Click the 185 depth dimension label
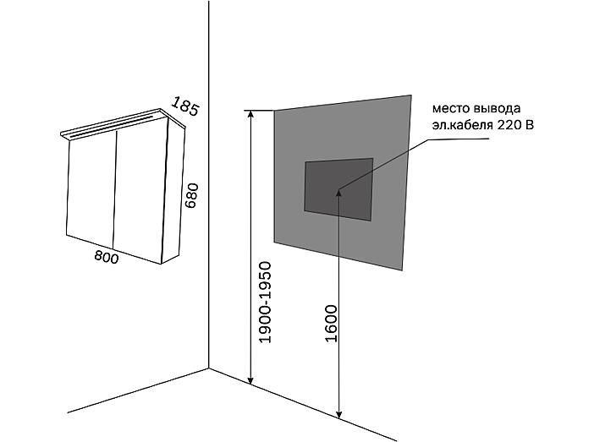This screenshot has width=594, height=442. (x=184, y=106)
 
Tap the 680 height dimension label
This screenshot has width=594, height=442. (x=192, y=195)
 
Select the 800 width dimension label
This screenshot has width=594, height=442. (x=107, y=257)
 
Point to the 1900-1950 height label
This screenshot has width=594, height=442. (x=265, y=303)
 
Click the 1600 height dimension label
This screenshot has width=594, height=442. (x=331, y=324)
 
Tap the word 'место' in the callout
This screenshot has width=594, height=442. (x=451, y=109)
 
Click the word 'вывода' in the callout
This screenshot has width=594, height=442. (x=497, y=109)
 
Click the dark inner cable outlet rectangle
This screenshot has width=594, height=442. (x=338, y=189)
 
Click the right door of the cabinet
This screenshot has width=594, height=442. (x=140, y=190)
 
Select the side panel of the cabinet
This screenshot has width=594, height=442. (x=173, y=190)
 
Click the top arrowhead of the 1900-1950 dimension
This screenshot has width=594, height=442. (x=250, y=114)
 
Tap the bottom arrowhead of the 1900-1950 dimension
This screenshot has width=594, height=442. (x=250, y=380)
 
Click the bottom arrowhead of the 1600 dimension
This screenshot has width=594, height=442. (x=339, y=414)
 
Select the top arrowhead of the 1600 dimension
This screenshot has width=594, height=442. (x=339, y=193)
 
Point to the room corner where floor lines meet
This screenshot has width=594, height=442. (x=209, y=368)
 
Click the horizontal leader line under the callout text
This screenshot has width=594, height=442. (x=459, y=139)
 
